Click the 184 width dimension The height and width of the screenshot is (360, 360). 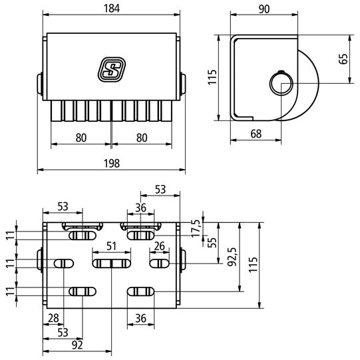(111, 9)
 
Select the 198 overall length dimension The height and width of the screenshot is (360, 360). (111, 164)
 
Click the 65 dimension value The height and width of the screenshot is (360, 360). (343, 58)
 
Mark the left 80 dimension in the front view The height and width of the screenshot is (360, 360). (81, 138)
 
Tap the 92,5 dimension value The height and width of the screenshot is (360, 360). (231, 256)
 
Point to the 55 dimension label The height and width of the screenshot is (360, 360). (214, 242)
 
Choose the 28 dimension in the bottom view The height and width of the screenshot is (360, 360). (52, 318)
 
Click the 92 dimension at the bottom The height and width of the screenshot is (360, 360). (77, 345)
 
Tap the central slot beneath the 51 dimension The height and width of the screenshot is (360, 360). (111, 264)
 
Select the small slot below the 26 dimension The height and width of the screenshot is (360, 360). (159, 264)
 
